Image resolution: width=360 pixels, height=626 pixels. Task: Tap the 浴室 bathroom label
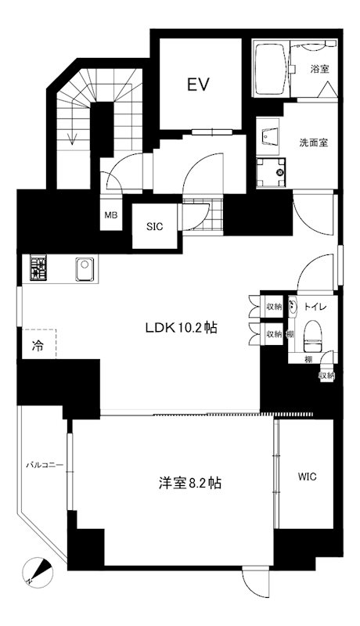coord(319,69)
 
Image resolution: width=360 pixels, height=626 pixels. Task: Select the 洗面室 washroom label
coord(314,143)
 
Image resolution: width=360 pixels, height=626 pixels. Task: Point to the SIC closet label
coord(153,228)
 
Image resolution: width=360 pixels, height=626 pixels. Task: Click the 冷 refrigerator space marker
coord(38,344)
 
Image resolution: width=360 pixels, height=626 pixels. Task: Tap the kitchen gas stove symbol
coord(38,269)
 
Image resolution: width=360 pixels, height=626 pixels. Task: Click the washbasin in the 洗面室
coord(271,135)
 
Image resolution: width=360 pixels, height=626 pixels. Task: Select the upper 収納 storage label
coord(273,306)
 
